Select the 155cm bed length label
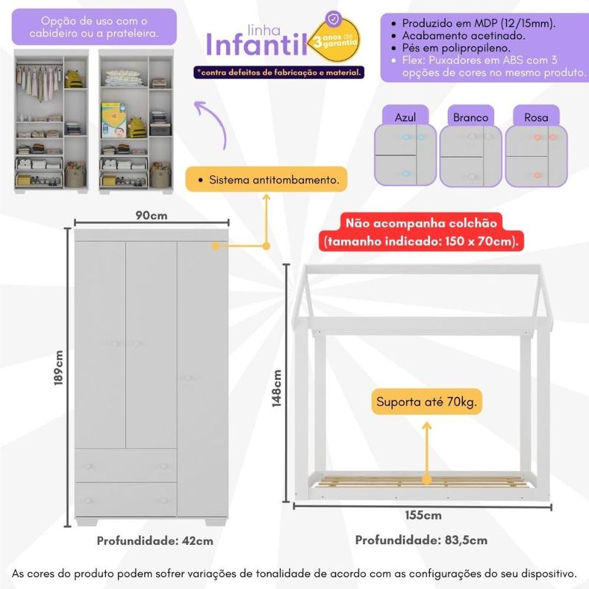(x=422, y=515)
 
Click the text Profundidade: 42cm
(x=155, y=540)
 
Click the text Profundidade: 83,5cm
(x=421, y=540)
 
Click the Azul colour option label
(x=406, y=117)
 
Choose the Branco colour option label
(x=470, y=117)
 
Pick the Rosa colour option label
(x=536, y=117)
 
